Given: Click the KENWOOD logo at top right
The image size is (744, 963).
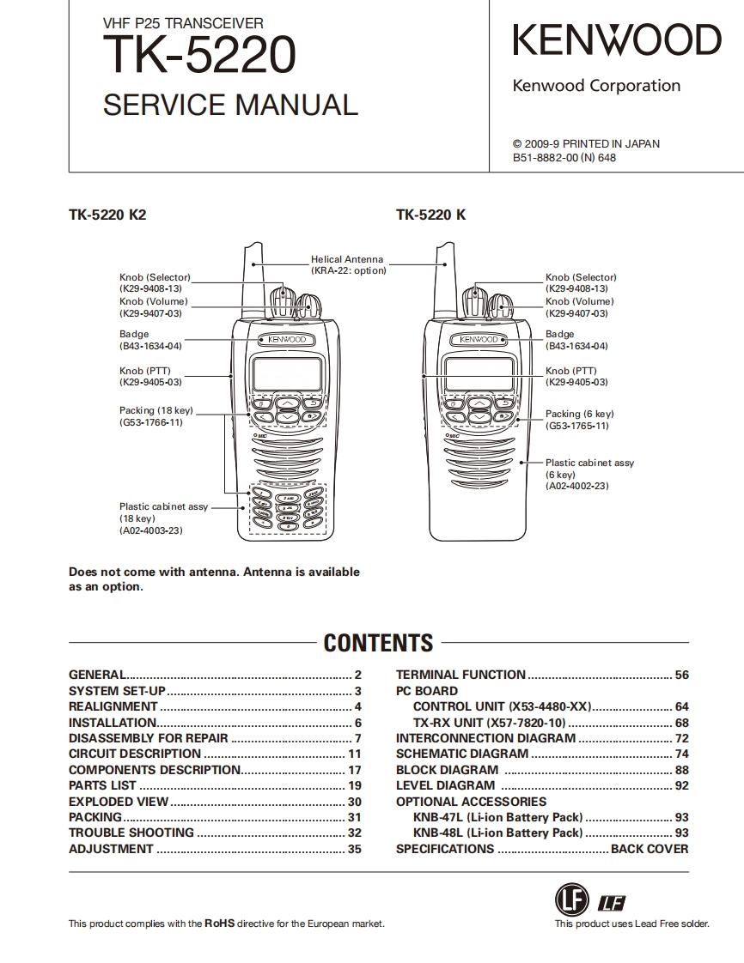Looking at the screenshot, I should coord(617,41).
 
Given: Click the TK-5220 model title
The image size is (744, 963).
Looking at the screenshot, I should coord(199,56).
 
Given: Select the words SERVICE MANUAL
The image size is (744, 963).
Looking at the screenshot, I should coord(230,105).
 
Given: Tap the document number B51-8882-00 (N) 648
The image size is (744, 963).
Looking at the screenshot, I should coord(564,158).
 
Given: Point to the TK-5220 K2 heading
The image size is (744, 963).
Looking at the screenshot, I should coord(107,215).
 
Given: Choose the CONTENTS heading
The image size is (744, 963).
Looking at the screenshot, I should coord(378,643).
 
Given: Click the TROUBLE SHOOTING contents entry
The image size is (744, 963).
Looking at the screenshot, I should coord(131,833).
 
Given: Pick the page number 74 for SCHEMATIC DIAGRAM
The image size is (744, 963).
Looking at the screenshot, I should coord(681,754).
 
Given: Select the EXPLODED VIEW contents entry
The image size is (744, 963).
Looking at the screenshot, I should coord(119,802).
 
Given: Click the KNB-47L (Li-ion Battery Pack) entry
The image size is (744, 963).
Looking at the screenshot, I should coord(497,817).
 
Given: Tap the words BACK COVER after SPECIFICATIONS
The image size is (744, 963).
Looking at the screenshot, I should coord(649,849).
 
